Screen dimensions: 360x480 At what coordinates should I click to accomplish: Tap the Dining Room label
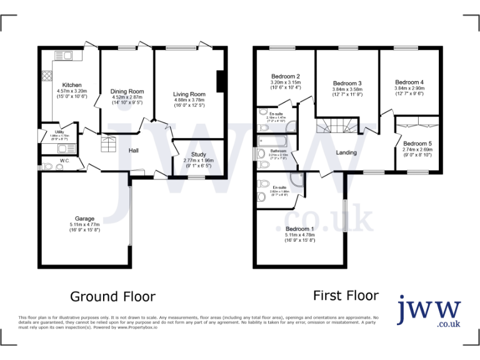[127, 91]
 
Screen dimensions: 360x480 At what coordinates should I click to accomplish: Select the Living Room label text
[189, 94]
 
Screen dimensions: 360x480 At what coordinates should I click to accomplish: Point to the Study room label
[198, 154]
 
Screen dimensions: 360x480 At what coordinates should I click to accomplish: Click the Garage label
[86, 219]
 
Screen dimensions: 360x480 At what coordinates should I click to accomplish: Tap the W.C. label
[65, 160]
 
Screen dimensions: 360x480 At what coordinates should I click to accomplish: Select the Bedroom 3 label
[347, 83]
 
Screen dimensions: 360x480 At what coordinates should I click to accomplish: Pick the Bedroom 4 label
[409, 82]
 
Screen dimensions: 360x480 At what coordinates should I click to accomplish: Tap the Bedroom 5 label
[417, 143]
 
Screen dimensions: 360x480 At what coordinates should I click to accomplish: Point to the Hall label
[133, 151]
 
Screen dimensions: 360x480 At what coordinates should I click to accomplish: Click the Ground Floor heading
[112, 296]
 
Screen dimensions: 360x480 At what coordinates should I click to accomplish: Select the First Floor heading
[346, 296]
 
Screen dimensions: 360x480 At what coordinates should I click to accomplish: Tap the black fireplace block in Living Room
[220, 81]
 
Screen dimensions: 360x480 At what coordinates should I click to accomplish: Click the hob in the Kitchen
[46, 77]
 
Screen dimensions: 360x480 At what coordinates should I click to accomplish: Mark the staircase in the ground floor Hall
[109, 144]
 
